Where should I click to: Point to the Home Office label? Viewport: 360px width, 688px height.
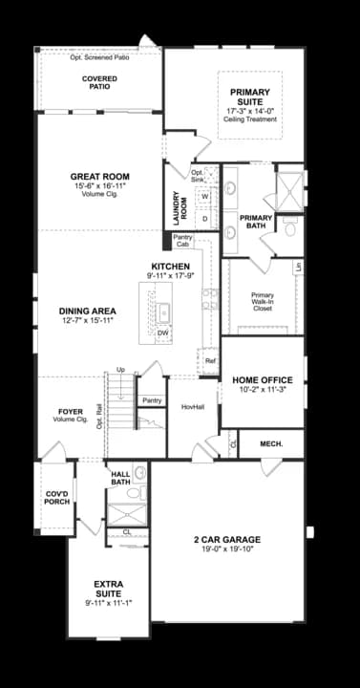[262, 380]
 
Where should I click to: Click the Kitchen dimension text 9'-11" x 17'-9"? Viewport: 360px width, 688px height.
[170, 275]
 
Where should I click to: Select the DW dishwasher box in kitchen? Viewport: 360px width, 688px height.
[163, 333]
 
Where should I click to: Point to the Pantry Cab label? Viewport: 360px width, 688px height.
[182, 241]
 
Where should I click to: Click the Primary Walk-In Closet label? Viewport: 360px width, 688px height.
[263, 302]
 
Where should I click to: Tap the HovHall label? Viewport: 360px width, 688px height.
[193, 406]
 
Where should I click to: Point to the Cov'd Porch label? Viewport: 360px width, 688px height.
[56, 497]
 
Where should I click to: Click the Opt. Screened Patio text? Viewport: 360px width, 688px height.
[99, 58]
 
